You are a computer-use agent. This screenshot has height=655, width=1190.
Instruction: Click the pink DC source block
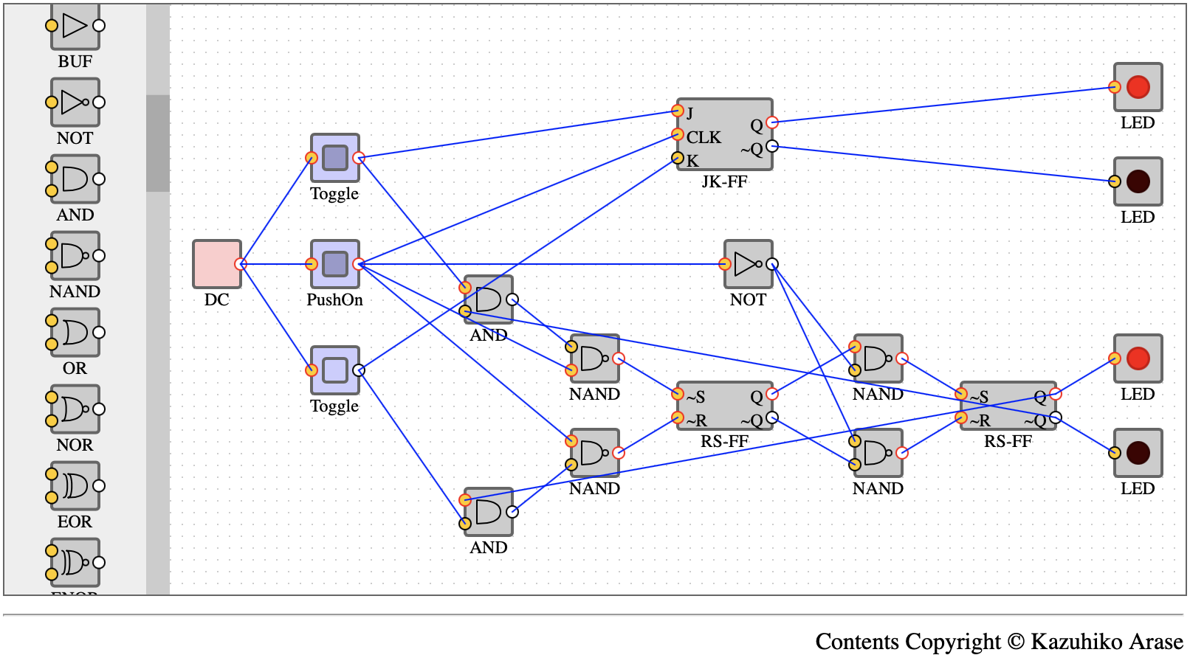click(216, 263)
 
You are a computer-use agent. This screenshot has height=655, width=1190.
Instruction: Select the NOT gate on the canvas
click(748, 263)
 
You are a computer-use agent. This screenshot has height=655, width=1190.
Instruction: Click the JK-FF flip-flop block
click(724, 134)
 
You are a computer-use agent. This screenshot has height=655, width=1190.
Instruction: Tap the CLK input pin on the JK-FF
click(678, 134)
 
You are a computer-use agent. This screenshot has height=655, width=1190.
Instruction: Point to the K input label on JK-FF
click(692, 160)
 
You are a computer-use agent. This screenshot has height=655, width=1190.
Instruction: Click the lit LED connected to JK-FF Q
click(1138, 87)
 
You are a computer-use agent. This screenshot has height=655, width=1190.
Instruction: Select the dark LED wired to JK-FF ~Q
click(1138, 181)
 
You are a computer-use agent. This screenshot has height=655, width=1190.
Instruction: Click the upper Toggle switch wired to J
click(334, 157)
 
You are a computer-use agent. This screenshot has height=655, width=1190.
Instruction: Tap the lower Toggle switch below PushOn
click(334, 370)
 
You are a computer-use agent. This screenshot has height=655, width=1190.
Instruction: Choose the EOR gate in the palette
click(75, 485)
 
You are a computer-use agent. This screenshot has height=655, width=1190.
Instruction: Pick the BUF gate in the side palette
click(75, 27)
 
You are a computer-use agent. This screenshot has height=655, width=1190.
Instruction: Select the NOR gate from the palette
click(75, 409)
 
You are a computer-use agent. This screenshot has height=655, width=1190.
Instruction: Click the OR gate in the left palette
click(75, 332)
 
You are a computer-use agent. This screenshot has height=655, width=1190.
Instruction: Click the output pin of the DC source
click(240, 264)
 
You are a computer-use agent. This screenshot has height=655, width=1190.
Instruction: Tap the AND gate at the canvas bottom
click(488, 511)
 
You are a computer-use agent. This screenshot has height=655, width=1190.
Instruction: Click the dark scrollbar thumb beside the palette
click(157, 143)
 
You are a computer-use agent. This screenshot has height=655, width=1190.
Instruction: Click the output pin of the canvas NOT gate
click(772, 264)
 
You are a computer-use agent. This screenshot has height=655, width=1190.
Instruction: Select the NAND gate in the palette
click(75, 255)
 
